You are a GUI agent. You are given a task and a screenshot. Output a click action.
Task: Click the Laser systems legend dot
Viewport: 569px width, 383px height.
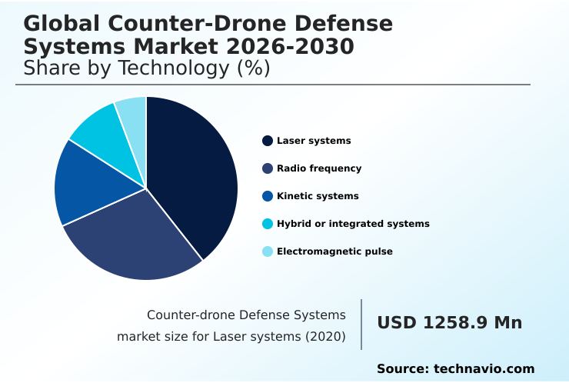(x=268, y=141)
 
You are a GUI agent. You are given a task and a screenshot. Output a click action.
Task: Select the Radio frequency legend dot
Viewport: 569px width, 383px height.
(x=268, y=168)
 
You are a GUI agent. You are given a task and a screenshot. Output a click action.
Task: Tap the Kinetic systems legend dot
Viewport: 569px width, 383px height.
(x=268, y=196)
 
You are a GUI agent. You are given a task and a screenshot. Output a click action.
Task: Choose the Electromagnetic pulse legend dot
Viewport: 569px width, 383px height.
(x=268, y=251)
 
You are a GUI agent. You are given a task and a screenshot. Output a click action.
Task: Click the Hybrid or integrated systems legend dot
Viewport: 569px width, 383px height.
(x=268, y=224)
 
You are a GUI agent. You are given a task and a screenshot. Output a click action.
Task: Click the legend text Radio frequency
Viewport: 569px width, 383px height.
(x=319, y=168)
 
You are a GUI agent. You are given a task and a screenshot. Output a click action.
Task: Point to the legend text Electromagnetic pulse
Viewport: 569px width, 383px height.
(x=334, y=251)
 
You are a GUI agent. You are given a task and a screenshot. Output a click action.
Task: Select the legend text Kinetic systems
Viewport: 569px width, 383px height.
(x=318, y=196)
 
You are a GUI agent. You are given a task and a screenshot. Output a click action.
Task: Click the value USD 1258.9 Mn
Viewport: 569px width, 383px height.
(x=449, y=323)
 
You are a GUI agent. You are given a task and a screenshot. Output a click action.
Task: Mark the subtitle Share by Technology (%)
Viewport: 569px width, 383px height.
(x=147, y=68)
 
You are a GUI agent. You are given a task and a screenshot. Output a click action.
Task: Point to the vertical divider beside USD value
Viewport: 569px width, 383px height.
(x=361, y=325)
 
